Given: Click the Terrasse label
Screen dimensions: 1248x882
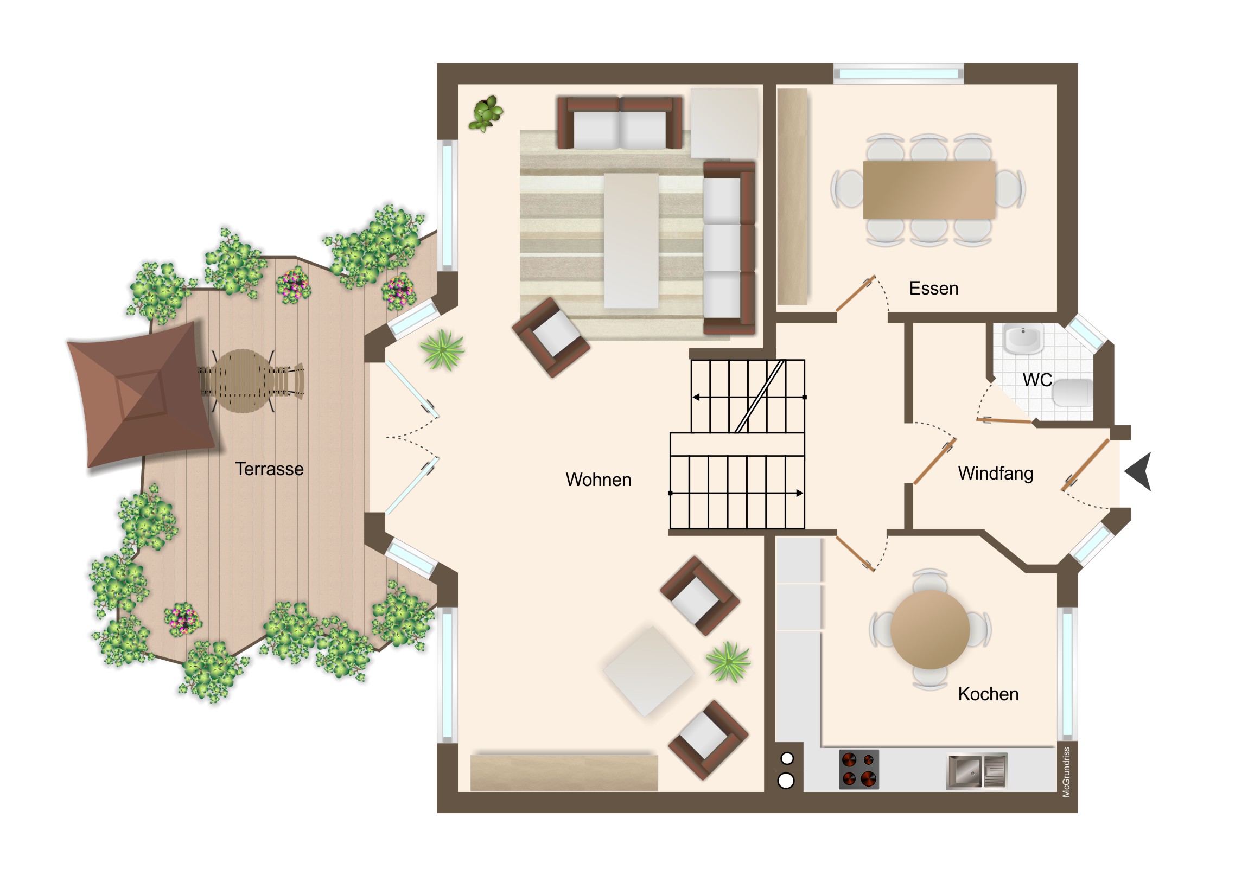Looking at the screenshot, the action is [x=269, y=469].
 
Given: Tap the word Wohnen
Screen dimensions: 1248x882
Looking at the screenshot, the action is [x=598, y=480].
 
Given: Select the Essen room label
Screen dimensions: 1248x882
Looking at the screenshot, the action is [x=934, y=289].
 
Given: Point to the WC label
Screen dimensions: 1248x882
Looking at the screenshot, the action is [x=1037, y=380].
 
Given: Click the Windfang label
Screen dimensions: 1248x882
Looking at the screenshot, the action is [x=995, y=474].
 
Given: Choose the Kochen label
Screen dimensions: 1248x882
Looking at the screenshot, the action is [x=988, y=694].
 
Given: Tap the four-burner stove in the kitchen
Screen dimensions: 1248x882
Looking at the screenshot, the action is [x=859, y=769].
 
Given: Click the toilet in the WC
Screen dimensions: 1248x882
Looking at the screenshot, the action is [x=1073, y=393].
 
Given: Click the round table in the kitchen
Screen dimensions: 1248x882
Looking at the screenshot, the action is [x=930, y=630].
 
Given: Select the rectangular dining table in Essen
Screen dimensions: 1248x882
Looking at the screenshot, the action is [x=929, y=190].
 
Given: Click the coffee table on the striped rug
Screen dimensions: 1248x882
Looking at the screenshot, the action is [x=632, y=241].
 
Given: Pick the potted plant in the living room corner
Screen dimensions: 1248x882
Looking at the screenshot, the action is [x=486, y=113].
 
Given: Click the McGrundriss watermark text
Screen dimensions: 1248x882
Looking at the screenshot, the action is [x=1066, y=772].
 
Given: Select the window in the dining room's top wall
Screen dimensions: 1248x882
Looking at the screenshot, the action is [x=899, y=73].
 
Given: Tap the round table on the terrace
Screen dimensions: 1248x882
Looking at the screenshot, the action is [x=243, y=381].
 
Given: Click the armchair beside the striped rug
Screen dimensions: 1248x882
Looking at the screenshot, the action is [x=551, y=337].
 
